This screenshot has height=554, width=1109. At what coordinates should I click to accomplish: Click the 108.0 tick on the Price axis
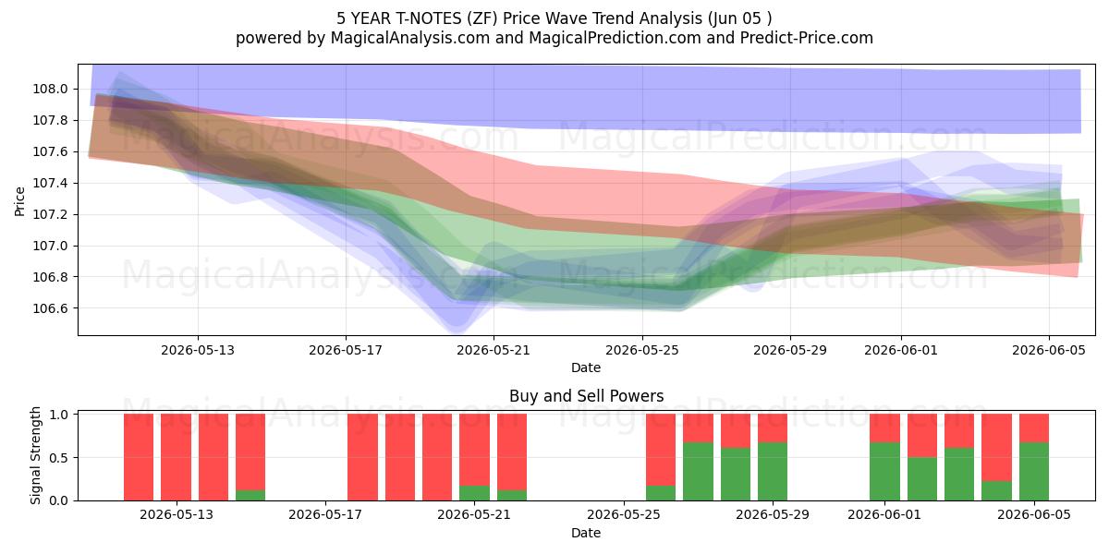(50, 89)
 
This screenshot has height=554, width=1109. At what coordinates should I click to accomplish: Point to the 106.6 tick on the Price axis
(50, 308)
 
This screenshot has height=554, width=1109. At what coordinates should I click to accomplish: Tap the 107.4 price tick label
(50, 184)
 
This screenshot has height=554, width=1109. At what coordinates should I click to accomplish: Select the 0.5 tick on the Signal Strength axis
(59, 458)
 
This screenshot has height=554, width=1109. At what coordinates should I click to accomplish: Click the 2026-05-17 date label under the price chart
(346, 350)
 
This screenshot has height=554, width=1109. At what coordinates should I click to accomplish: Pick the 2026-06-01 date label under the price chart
(901, 350)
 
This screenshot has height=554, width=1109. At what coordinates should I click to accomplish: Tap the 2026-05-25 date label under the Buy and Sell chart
(624, 515)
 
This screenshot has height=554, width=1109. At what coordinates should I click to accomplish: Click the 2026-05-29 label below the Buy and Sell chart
(773, 515)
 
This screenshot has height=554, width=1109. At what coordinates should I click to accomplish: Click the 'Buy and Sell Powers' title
(587, 396)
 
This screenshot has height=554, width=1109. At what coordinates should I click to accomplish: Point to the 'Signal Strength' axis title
(35, 455)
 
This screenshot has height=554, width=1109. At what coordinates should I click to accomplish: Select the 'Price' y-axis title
(19, 201)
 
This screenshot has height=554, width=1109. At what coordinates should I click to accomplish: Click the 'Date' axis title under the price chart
(586, 367)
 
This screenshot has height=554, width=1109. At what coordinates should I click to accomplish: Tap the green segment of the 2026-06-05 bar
(1034, 472)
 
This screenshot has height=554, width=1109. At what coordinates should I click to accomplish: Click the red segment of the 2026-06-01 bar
(884, 428)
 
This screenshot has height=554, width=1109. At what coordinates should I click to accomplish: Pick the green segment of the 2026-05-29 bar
(773, 472)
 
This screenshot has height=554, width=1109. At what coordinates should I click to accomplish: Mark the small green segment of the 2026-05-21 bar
(474, 493)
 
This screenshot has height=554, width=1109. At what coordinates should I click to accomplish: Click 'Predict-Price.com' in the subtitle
(807, 38)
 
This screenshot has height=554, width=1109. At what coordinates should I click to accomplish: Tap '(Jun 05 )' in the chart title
(739, 18)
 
